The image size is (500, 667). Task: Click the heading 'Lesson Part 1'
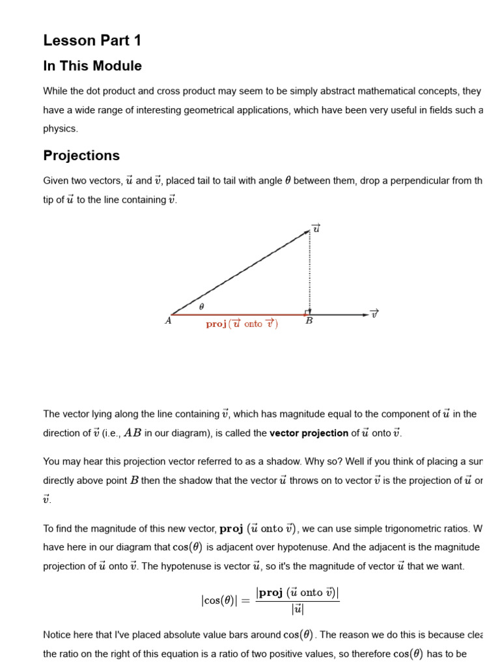(92, 41)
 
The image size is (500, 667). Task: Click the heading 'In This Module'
(92, 66)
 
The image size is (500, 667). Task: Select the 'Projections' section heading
(81, 156)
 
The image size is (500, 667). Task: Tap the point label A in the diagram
(168, 321)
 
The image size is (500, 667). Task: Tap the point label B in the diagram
(309, 321)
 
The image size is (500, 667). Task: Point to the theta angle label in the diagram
(201, 306)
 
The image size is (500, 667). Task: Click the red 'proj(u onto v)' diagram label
(242, 324)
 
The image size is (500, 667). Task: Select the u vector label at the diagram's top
(316, 228)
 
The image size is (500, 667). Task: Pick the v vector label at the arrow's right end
(374, 314)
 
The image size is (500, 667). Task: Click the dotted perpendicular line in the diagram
(310, 274)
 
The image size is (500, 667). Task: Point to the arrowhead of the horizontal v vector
(365, 315)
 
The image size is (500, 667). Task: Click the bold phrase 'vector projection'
(309, 434)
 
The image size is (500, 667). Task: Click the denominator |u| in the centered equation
(298, 610)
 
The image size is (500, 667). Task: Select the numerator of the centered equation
(298, 593)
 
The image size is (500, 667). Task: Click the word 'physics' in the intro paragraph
(61, 129)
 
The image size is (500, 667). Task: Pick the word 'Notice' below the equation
(57, 634)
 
